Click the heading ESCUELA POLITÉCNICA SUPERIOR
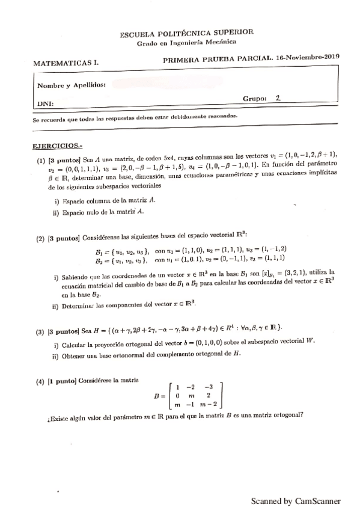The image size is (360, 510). [x=186, y=34]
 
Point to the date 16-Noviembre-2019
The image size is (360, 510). [x=308, y=57]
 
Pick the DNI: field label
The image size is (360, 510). [x=46, y=104]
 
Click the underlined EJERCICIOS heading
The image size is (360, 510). [x=57, y=146]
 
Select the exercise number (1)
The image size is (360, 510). [x=40, y=162]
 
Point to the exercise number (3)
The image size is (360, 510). [x=40, y=331]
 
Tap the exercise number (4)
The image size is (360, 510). [x=40, y=381]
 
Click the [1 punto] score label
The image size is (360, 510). [x=67, y=381]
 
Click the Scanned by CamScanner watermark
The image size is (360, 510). [x=296, y=500]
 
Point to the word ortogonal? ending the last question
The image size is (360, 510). [x=284, y=415]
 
